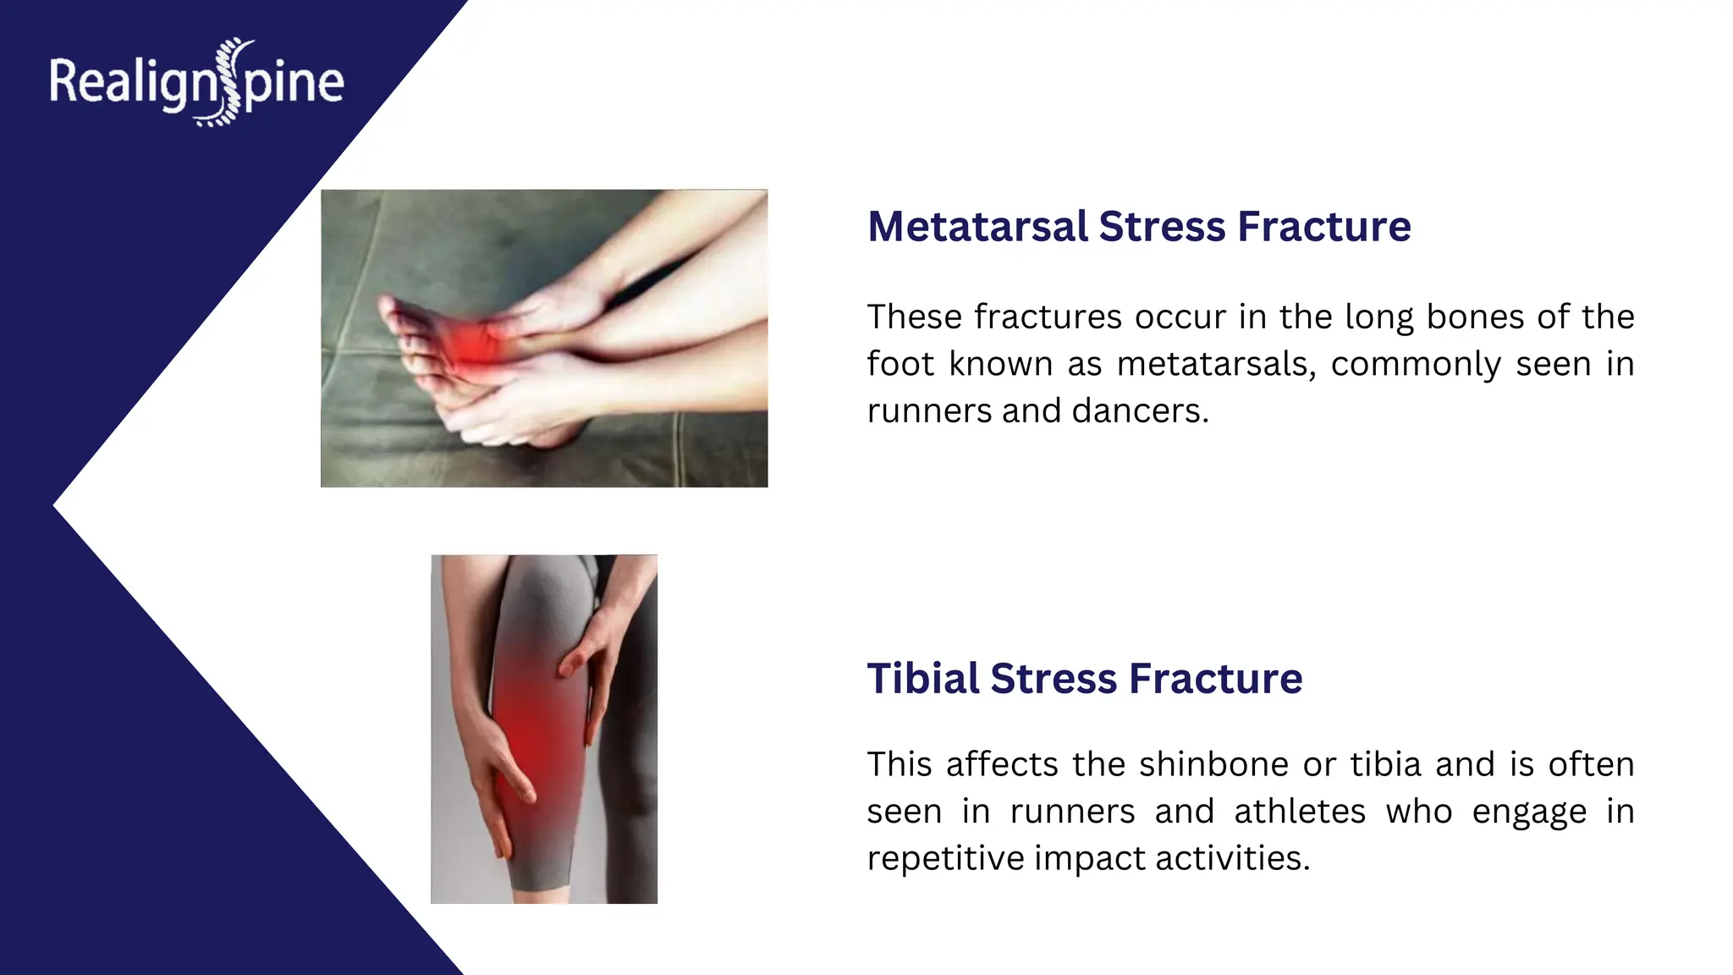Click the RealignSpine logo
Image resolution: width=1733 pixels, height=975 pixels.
[196, 83]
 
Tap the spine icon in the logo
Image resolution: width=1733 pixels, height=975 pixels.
[227, 82]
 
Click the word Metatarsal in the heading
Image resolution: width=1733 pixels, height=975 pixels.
[977, 227]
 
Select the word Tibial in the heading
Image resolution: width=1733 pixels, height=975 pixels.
[923, 679]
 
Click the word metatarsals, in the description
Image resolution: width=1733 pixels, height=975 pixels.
[1216, 365]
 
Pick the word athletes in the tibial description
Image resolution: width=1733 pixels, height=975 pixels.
[1299, 812]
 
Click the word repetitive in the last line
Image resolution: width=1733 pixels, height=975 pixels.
[944, 859]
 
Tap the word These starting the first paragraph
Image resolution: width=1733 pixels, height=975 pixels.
[915, 317]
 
